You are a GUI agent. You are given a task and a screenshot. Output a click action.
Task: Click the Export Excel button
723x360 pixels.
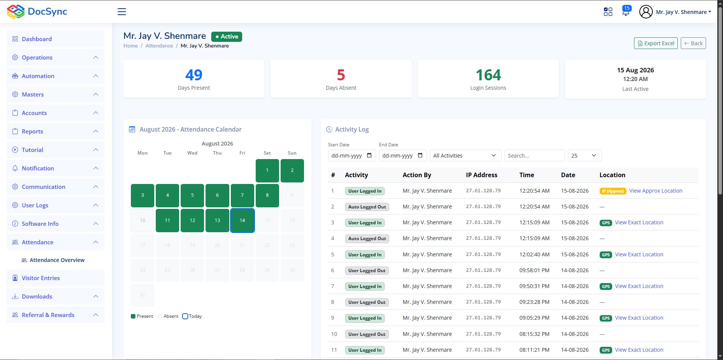click(655, 43)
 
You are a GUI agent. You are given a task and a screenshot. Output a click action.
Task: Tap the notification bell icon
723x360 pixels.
click(626, 11)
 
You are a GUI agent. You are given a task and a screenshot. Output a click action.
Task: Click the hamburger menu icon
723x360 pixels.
click(122, 12)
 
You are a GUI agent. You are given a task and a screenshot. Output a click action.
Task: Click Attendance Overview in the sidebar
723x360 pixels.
click(57, 260)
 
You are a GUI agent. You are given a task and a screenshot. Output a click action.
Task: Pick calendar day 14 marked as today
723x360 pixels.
click(242, 221)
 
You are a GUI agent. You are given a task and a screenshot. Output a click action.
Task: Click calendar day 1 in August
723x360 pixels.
click(267, 170)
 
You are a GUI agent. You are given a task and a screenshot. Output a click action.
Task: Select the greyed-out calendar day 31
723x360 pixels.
click(143, 295)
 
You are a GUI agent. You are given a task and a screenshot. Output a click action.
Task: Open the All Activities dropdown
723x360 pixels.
click(465, 156)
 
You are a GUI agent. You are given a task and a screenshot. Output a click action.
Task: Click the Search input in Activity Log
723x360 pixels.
click(534, 156)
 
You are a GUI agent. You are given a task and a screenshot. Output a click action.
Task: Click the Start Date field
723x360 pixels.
click(352, 156)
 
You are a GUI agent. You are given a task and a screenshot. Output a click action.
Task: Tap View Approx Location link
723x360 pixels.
click(655, 191)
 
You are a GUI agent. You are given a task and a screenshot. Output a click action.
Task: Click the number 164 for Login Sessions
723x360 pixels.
click(488, 75)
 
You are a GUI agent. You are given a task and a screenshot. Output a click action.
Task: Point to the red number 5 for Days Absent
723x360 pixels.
click(341, 75)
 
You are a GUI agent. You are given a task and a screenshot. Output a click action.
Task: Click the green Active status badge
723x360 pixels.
click(227, 37)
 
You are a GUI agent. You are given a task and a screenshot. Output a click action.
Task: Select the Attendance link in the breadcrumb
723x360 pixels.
click(159, 46)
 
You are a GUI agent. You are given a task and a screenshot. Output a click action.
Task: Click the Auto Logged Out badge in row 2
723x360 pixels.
click(367, 207)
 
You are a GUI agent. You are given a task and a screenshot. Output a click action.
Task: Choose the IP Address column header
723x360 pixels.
click(482, 175)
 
